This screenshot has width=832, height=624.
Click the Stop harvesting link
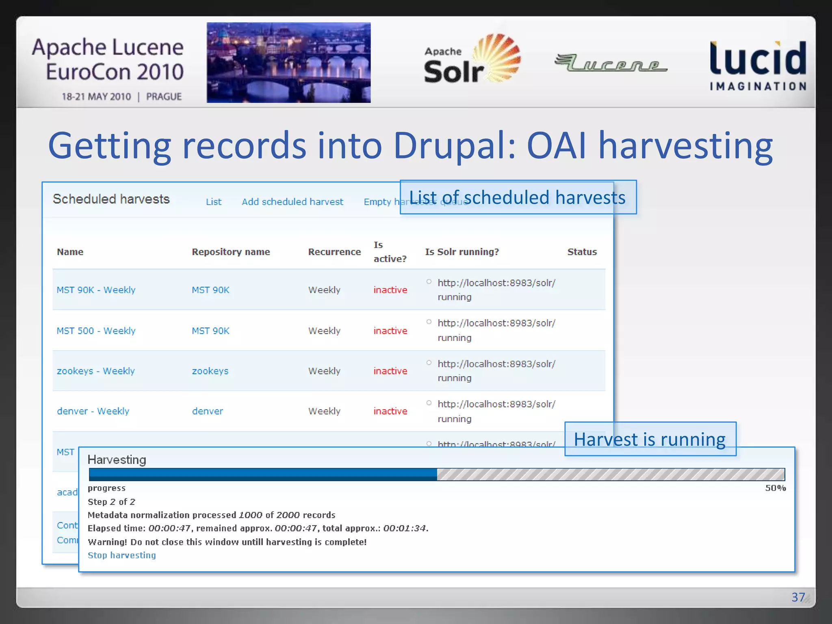coord(121,555)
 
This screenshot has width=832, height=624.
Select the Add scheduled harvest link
coord(292,202)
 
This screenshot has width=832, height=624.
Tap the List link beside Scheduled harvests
coord(213,202)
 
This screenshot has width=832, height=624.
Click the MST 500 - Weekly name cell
coord(96,331)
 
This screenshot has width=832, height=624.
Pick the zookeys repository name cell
coord(210,371)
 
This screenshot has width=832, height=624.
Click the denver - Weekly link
coord(93,411)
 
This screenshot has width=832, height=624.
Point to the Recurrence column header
coord(334,252)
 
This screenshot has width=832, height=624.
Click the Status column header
coord(582,252)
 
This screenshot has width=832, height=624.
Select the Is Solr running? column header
coord(462,252)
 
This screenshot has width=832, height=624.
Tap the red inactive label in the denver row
coord(390,411)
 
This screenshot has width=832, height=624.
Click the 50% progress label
coord(775,488)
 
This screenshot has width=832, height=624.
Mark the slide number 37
coord(798,597)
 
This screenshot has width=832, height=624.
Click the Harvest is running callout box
coord(650,439)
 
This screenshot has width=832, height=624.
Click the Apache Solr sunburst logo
coord(472,59)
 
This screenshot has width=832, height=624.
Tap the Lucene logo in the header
coord(611,63)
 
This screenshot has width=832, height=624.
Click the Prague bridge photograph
coord(288,63)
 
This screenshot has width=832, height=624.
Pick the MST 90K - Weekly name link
coord(96,290)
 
